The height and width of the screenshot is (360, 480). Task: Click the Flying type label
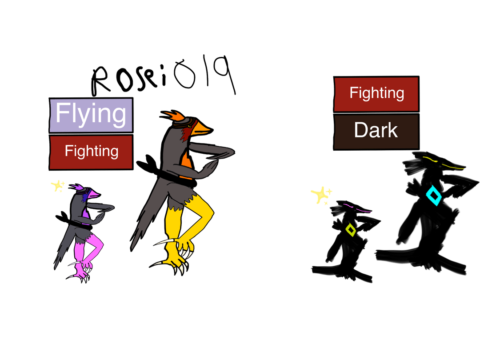point(91,115)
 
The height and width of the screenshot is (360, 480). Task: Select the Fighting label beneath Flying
point(91,152)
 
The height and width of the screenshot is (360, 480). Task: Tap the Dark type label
point(376,132)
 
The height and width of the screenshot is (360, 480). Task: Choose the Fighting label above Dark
point(376,94)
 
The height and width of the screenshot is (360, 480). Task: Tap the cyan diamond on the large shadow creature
point(433,195)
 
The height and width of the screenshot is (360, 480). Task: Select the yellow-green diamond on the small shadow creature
point(351,230)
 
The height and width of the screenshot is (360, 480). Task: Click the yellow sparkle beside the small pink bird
point(57,185)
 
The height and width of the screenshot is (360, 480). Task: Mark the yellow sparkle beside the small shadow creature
point(321,195)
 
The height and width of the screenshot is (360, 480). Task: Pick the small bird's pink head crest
point(76,186)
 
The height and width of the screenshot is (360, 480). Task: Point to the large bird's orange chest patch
point(186,164)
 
